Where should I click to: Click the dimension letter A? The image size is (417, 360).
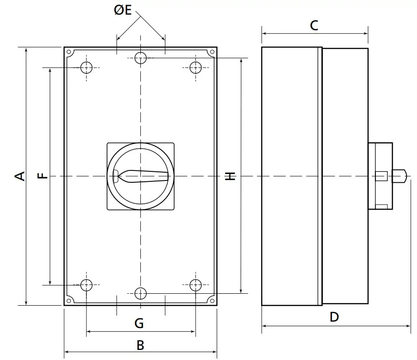pyautogui.click(x=20, y=176)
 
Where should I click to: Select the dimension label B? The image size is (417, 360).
pyautogui.click(x=140, y=345)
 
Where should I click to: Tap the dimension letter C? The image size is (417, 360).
pyautogui.click(x=314, y=26)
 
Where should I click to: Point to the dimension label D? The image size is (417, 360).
pyautogui.click(x=334, y=317)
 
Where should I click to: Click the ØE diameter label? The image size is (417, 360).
pyautogui.click(x=123, y=10)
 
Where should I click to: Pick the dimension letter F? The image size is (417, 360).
pyautogui.click(x=42, y=176)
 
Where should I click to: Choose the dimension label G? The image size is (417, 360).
pyautogui.click(x=139, y=323)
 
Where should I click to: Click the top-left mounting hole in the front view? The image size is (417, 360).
pyautogui.click(x=86, y=68)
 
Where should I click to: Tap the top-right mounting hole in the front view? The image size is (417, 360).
pyautogui.click(x=196, y=68)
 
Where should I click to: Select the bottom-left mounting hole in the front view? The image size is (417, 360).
pyautogui.click(x=86, y=285)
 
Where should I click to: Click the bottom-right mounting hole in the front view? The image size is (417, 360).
pyautogui.click(x=196, y=285)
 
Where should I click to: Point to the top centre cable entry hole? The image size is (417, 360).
pyautogui.click(x=141, y=58)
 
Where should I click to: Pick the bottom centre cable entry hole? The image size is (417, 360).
pyautogui.click(x=141, y=293)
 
